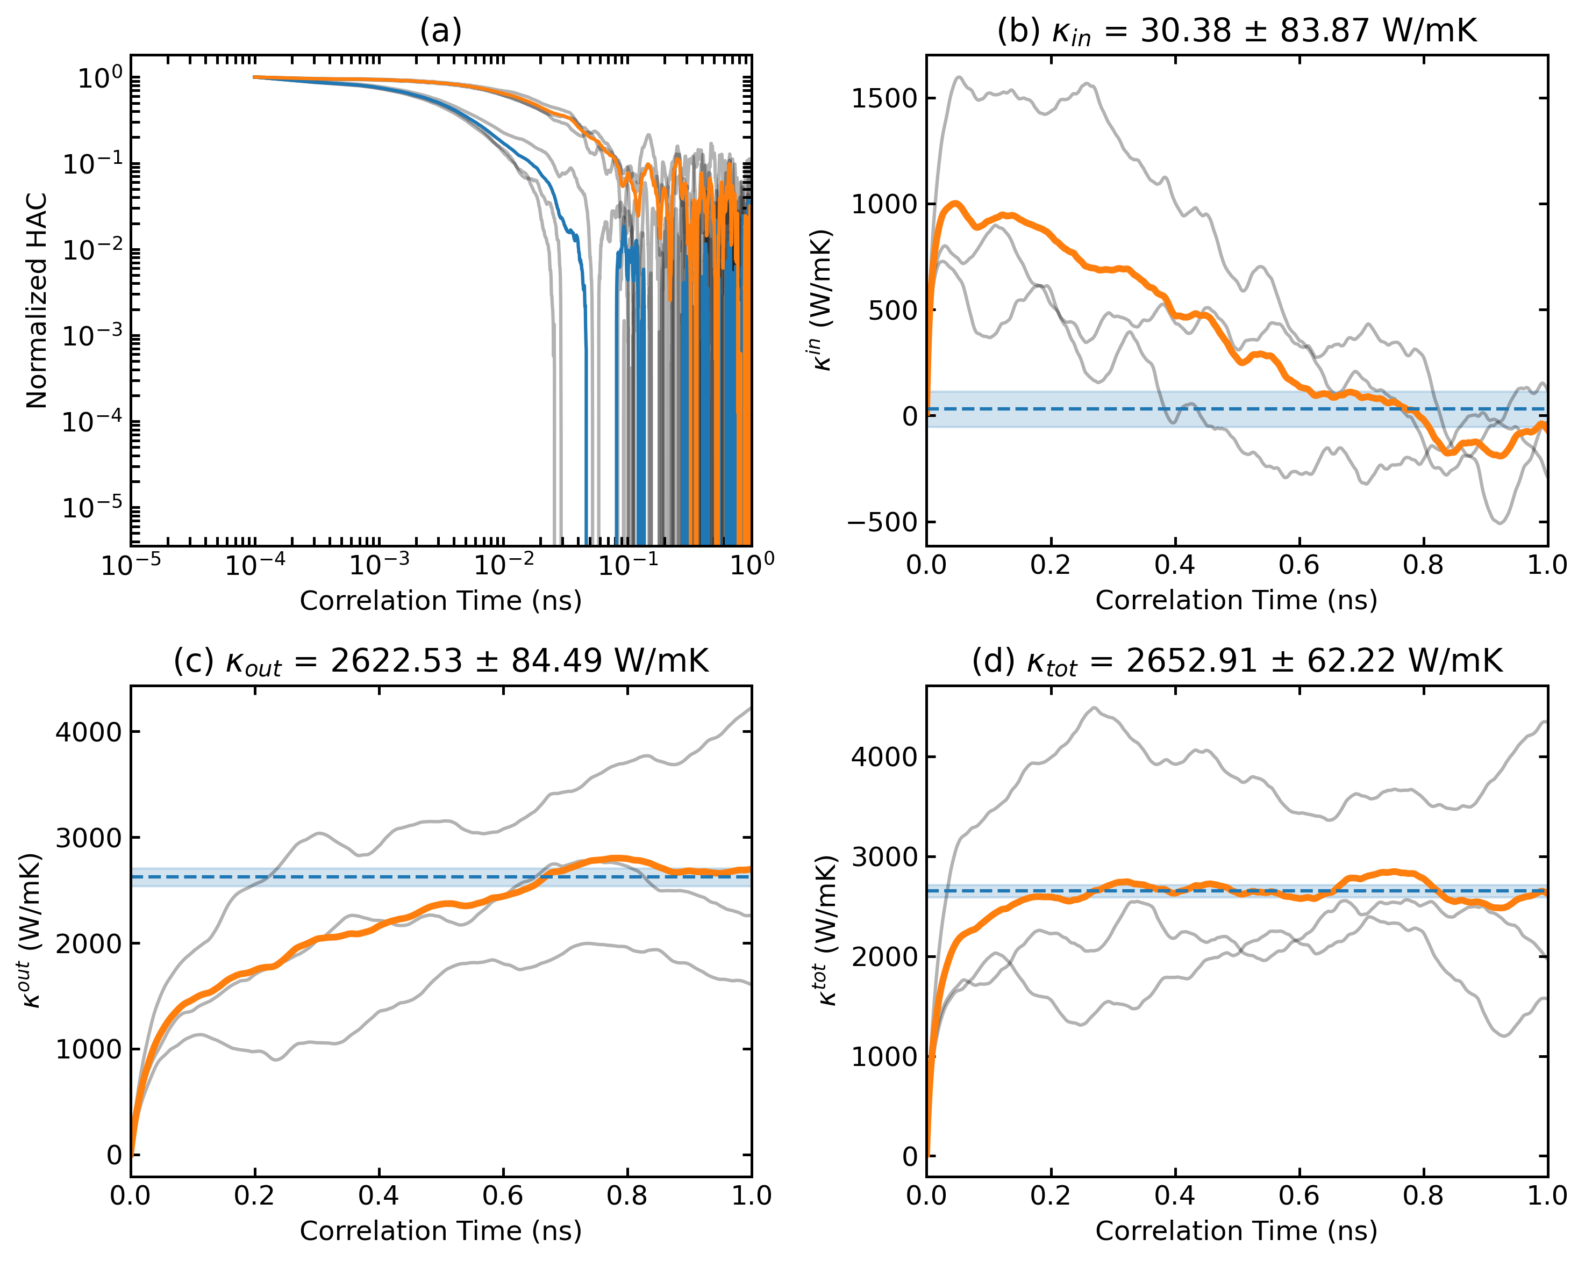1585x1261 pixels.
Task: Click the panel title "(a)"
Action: coord(440,31)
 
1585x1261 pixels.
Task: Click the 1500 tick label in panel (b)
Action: coord(884,98)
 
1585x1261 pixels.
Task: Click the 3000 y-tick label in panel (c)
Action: coord(88,838)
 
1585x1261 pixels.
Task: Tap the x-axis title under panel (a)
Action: coord(440,600)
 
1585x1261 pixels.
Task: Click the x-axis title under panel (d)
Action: coord(1236,1231)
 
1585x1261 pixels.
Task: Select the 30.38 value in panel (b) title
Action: coord(1185,31)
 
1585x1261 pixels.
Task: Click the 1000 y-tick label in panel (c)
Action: coord(88,1049)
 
